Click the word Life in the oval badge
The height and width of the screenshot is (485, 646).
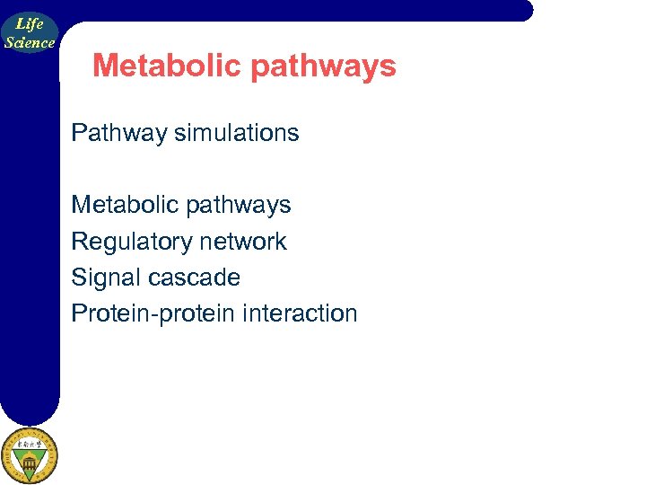[30, 24]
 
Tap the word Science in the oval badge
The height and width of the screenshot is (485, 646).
[30, 42]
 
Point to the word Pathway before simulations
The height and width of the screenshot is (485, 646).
[119, 133]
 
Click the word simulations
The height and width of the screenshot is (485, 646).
[237, 133]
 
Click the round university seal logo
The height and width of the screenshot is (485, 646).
[29, 456]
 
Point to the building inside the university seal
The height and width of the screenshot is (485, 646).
[29, 463]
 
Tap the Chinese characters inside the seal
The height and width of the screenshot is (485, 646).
[29, 443]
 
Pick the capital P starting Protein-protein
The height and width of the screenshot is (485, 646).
[78, 313]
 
